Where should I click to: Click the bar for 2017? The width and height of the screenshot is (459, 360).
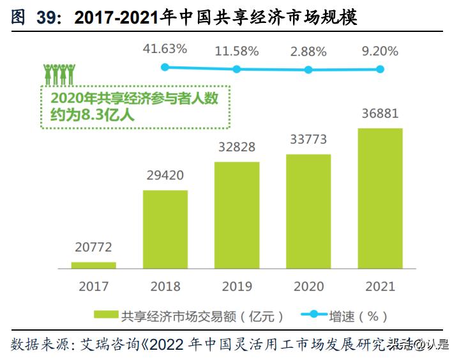[x=94, y=265]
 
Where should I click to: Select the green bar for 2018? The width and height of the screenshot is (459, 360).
[x=165, y=229]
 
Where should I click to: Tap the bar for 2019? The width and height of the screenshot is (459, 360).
[x=237, y=215]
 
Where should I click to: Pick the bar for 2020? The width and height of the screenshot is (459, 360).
[x=308, y=211]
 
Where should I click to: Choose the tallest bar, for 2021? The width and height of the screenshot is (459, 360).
[x=380, y=198]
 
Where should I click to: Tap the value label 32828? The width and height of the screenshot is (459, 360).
[x=237, y=147]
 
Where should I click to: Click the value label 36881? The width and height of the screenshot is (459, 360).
[x=380, y=114]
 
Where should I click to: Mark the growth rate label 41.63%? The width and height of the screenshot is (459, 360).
[x=165, y=49]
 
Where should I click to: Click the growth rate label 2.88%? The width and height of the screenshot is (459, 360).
[x=308, y=50]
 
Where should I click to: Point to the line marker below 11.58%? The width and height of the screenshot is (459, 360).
[x=237, y=69]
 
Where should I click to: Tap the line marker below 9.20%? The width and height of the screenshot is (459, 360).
[x=380, y=69]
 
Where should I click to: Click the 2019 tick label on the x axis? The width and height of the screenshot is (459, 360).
[x=237, y=287]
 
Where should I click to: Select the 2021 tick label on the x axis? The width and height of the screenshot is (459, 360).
[x=380, y=287]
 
